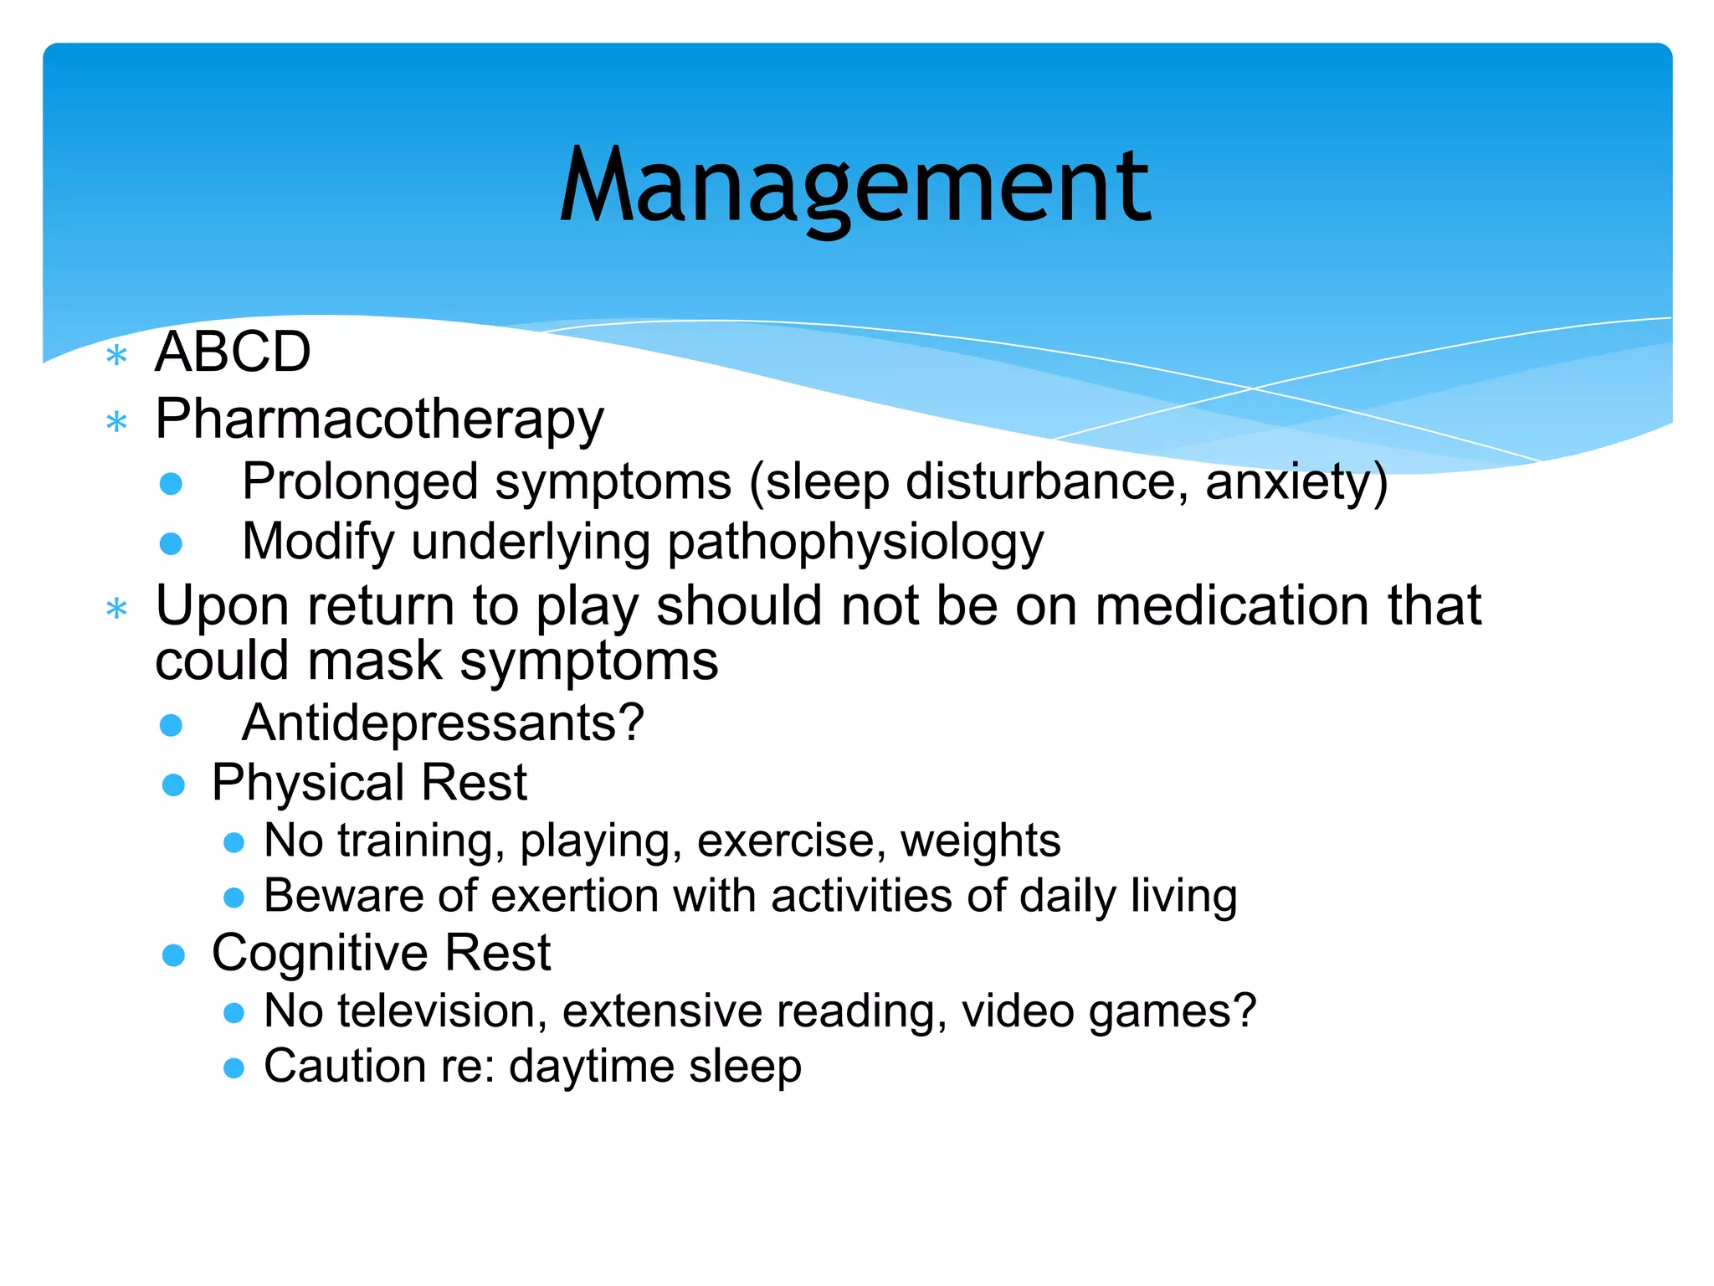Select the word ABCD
pos(233,352)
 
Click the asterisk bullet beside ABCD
pos(117,357)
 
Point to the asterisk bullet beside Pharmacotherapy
pos(117,422)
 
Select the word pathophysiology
pos(855,543)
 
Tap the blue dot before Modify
pos(171,544)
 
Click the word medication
pos(1233,605)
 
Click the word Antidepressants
pos(432,723)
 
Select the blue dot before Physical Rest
pos(173,785)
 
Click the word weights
pos(980,841)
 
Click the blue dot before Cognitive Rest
pos(173,955)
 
